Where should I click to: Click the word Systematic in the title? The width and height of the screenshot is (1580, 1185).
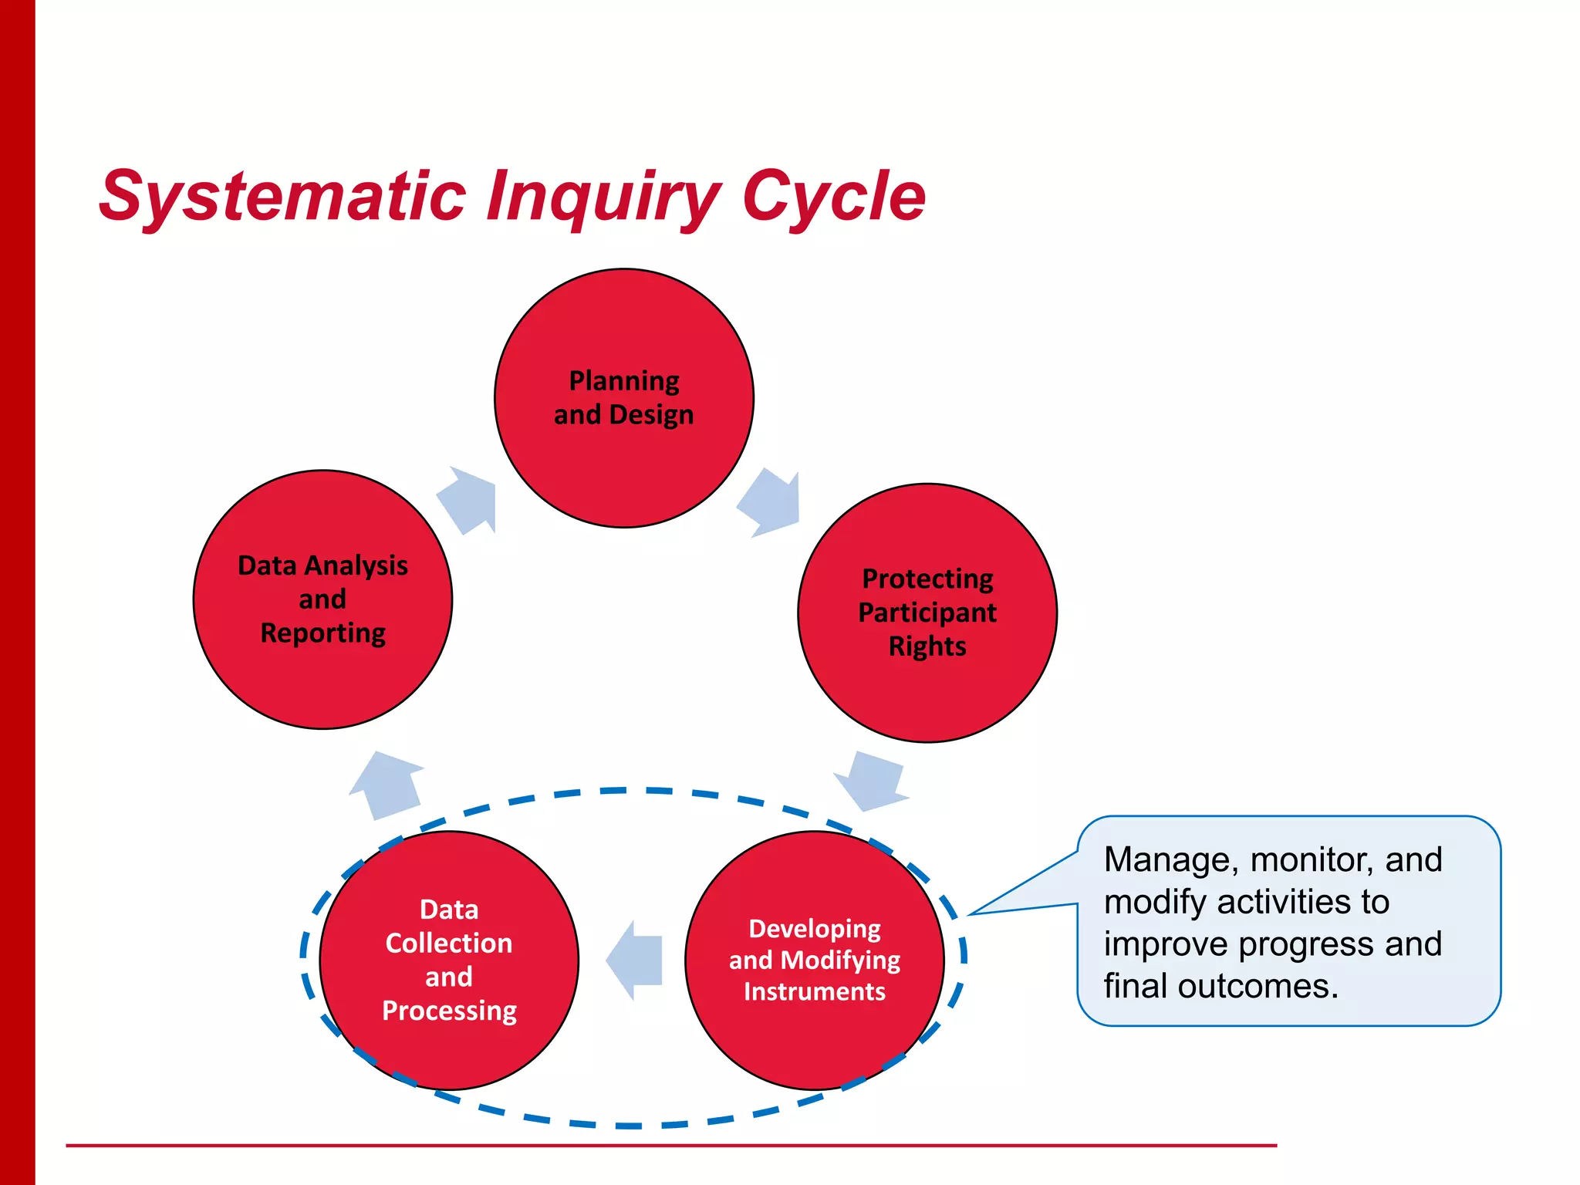282,197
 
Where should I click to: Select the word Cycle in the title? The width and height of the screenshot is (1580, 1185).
833,197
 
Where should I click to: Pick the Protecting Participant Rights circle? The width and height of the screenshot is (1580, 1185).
927,694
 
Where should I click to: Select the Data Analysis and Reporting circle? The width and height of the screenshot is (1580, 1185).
322,679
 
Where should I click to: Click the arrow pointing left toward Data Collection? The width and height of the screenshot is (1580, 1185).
636,960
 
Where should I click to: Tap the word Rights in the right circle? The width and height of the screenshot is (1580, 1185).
927,646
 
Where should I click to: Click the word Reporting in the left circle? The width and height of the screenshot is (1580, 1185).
322,633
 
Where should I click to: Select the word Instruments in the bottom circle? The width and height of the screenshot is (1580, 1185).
814,991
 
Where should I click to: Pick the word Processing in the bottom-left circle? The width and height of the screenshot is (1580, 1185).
449,1011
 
